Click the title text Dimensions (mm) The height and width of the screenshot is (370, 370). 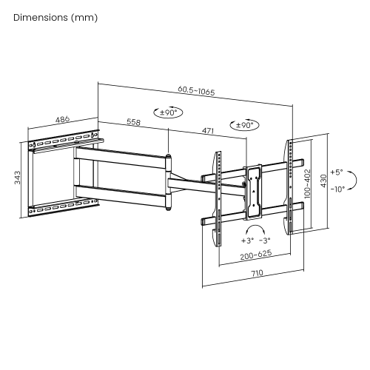55,17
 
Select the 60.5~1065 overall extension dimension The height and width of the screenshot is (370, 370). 196,91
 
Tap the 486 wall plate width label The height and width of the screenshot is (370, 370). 63,119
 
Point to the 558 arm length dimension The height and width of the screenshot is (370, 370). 134,121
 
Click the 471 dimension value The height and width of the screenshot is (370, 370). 208,131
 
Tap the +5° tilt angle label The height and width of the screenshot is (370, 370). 337,171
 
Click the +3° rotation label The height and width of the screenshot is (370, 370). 246,240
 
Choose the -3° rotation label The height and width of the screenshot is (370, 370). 265,240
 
